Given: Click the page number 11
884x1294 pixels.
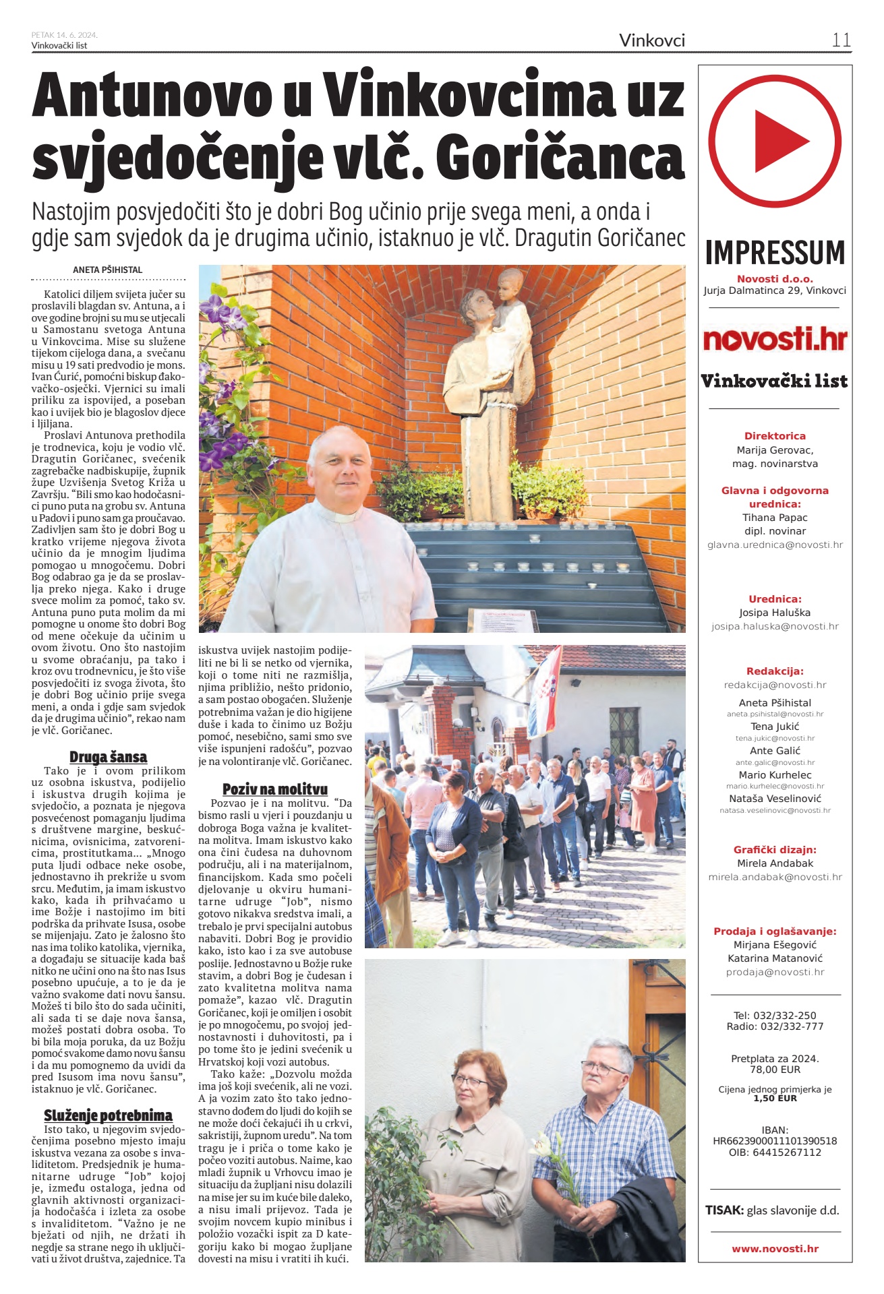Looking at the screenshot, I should [x=841, y=40].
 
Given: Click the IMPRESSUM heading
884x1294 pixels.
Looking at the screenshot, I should [x=775, y=253].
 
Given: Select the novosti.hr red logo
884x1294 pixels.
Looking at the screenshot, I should [x=775, y=339].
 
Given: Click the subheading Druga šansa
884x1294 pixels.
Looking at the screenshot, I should [x=108, y=757].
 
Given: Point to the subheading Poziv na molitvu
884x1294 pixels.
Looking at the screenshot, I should [x=275, y=789].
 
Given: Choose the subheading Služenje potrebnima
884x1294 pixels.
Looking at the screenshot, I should [x=108, y=1115].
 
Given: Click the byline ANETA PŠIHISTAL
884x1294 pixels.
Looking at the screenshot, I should [x=108, y=270].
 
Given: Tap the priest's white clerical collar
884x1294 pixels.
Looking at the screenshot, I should [x=344, y=518].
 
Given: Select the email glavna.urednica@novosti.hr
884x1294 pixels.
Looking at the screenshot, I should [x=775, y=545].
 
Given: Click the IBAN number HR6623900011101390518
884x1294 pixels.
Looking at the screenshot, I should [x=775, y=1141].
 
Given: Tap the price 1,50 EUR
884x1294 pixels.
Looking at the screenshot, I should [x=775, y=1099].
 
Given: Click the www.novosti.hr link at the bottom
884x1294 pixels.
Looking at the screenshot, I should [x=775, y=1249].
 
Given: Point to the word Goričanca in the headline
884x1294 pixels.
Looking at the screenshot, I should [x=560, y=158].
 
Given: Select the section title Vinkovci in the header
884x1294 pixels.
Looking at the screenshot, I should [x=652, y=40].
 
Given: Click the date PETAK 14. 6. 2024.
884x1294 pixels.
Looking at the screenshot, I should [x=64, y=35].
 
